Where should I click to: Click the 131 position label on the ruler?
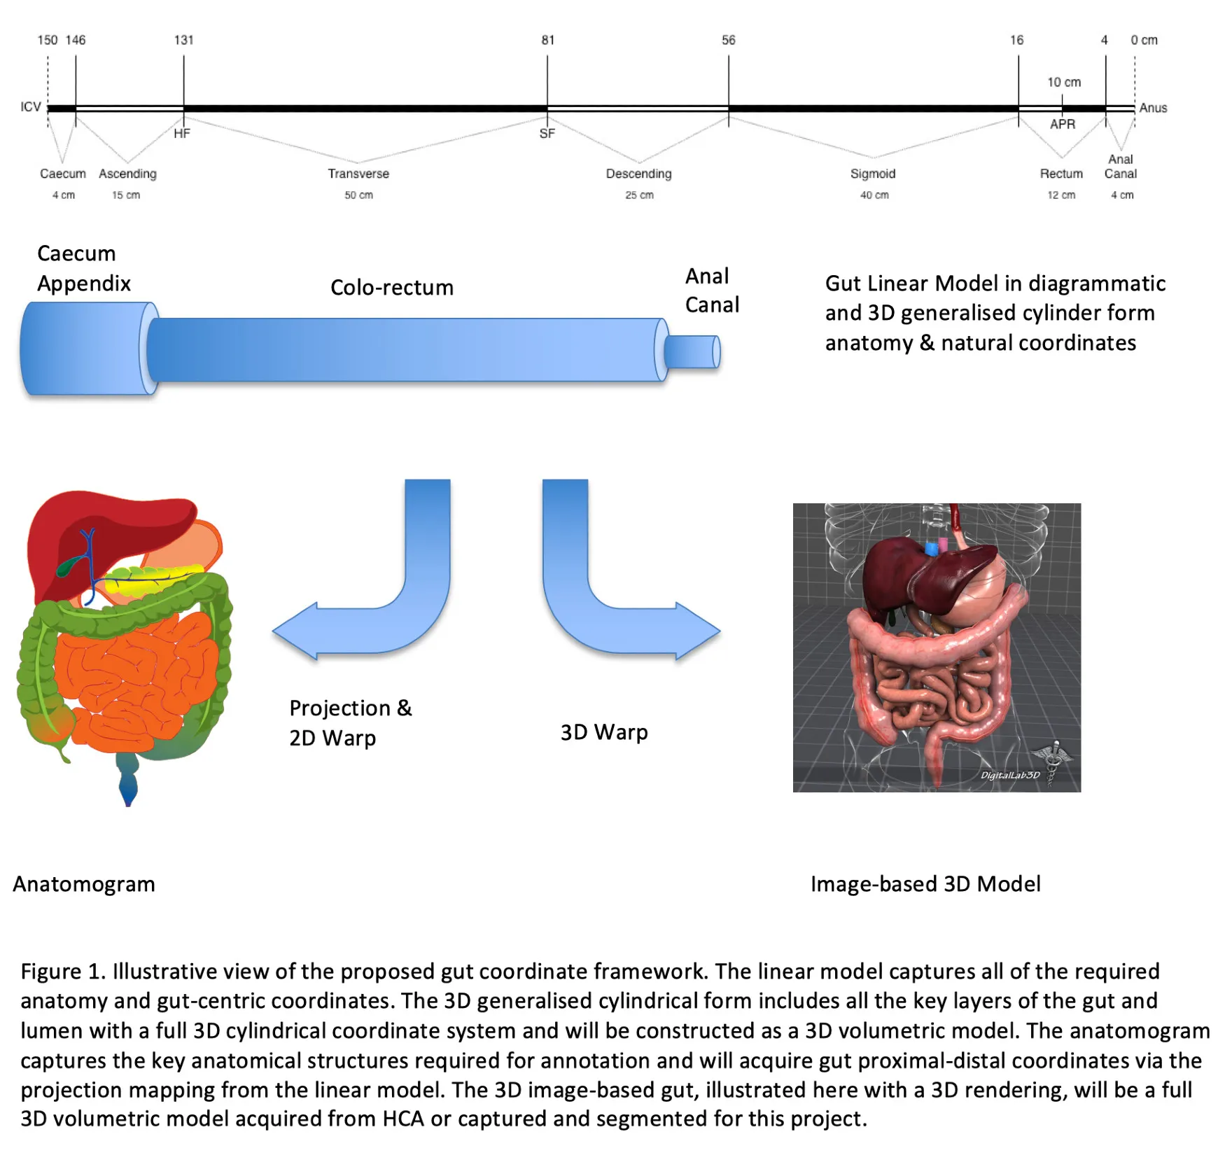coord(183,40)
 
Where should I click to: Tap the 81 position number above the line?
coord(547,40)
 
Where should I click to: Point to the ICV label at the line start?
coord(30,107)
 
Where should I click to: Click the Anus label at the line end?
coord(1153,108)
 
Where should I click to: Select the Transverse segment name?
coord(358,174)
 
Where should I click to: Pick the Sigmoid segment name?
coord(873,174)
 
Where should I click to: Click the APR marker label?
coord(1062,124)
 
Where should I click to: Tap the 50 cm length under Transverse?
coord(358,195)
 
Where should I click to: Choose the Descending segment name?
coord(638,174)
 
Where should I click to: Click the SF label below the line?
coord(547,133)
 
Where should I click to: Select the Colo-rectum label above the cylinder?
coord(392,288)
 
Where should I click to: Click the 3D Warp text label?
coord(603,732)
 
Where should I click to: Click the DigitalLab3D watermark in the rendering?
coord(1010,775)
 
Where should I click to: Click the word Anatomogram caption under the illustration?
coord(84,884)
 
